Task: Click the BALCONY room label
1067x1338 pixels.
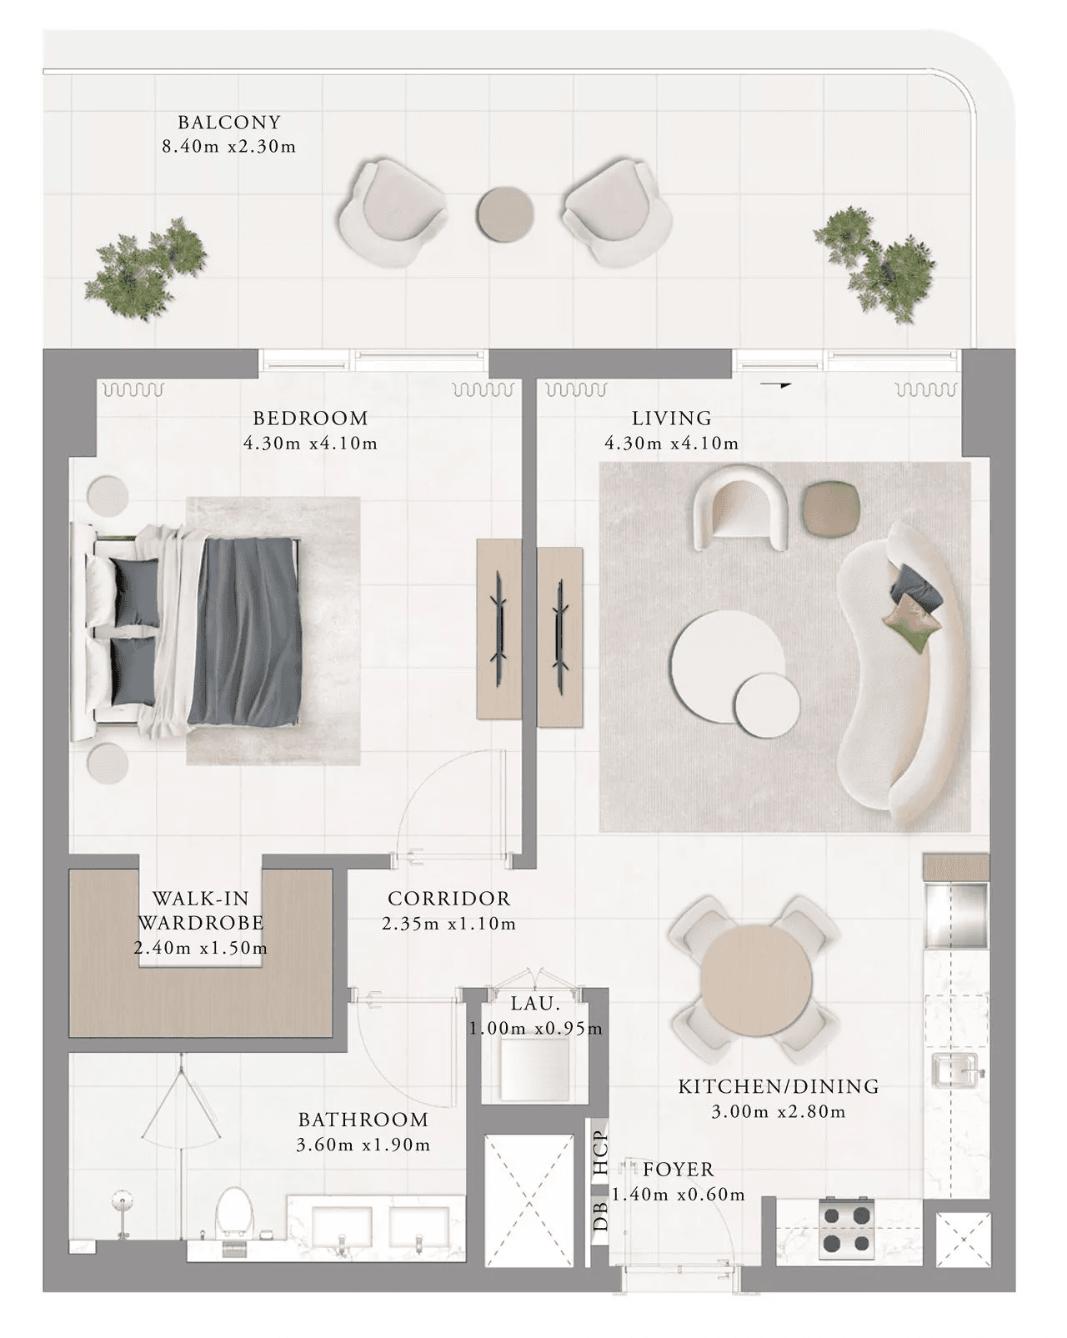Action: (x=228, y=122)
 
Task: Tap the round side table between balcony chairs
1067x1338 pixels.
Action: (x=505, y=213)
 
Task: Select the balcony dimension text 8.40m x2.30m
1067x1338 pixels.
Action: (x=228, y=147)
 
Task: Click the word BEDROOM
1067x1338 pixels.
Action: (x=309, y=418)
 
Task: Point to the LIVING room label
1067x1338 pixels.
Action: (x=672, y=418)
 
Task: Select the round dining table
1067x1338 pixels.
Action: (x=755, y=980)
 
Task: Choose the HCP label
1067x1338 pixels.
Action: (x=601, y=1153)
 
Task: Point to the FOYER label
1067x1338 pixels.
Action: (x=678, y=1170)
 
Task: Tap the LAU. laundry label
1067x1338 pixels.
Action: (x=535, y=1004)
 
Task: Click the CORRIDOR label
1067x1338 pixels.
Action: (x=449, y=899)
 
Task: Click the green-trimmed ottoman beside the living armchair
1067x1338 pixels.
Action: (x=832, y=510)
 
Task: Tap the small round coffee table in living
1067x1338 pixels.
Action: (x=766, y=706)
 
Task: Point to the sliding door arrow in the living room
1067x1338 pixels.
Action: (x=776, y=385)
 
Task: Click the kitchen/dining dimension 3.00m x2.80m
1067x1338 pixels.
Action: (x=779, y=1111)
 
